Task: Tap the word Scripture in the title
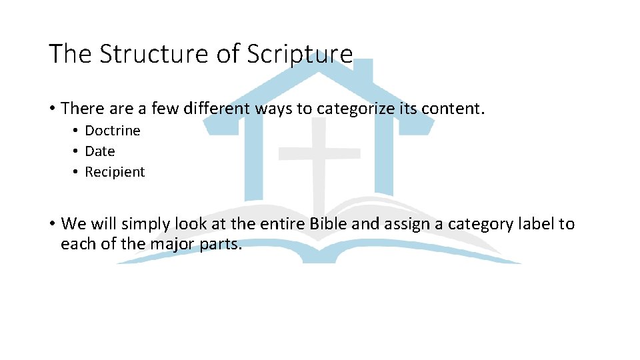click(299, 54)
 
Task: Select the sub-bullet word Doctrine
click(113, 131)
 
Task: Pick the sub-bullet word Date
click(100, 151)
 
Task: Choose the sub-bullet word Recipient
click(115, 172)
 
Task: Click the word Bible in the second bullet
click(329, 224)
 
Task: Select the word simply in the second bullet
click(145, 224)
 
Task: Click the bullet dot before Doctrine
click(77, 131)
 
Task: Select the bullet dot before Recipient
click(77, 172)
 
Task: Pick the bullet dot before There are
click(52, 108)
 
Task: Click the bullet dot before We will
click(52, 224)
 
